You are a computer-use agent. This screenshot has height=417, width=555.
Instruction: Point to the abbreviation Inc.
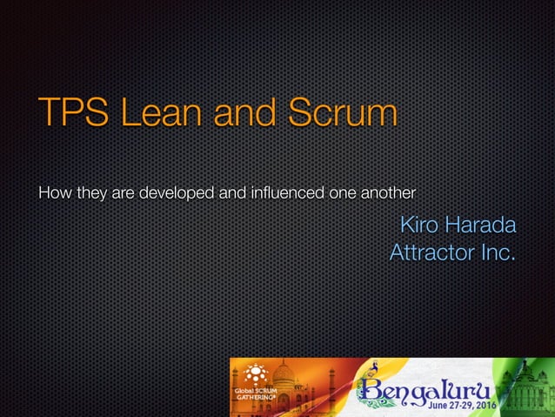498,253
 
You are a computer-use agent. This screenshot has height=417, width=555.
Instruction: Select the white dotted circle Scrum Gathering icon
255,374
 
